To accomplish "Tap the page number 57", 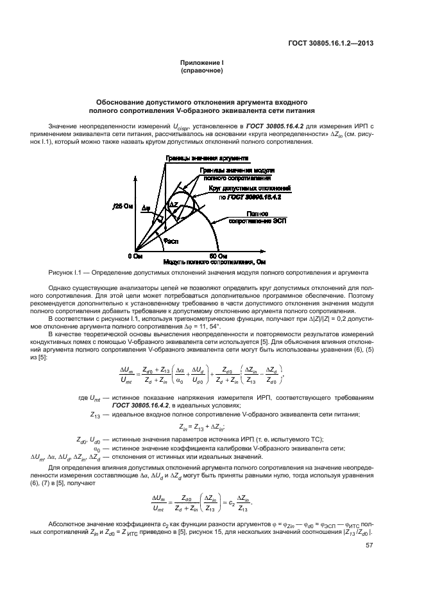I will [369, 546].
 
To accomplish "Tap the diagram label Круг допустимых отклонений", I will [250, 189].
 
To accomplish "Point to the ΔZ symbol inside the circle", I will [173, 203].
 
